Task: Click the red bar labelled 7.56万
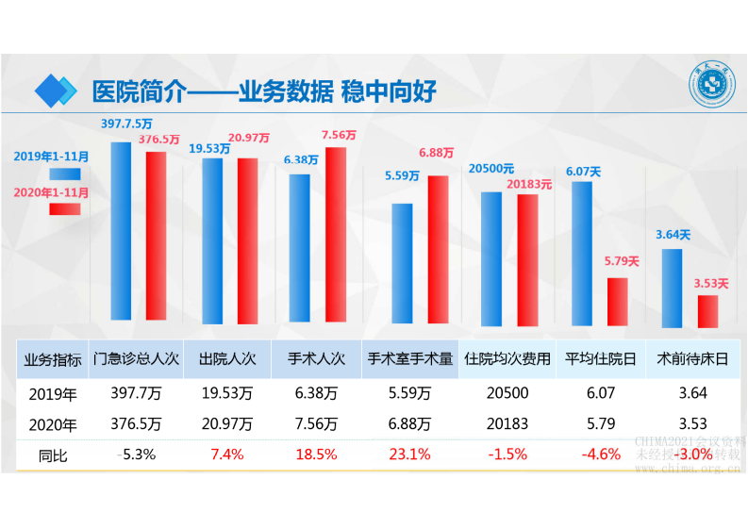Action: (335, 234)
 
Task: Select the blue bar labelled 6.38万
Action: (300, 248)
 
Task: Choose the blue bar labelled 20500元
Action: (491, 257)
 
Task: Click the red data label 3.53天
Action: (710, 282)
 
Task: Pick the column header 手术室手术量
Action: (410, 358)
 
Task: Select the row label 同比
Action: (52, 454)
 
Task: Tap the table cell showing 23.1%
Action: (410, 454)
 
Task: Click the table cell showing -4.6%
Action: (600, 454)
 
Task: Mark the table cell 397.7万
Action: (135, 392)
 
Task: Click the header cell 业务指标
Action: (52, 358)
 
